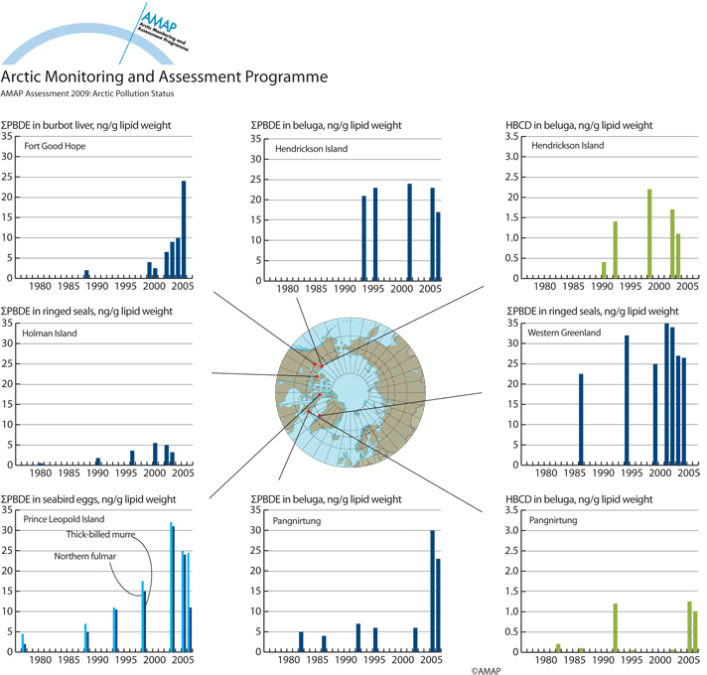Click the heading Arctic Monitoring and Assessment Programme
coord(164,76)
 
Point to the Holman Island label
coord(53,334)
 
